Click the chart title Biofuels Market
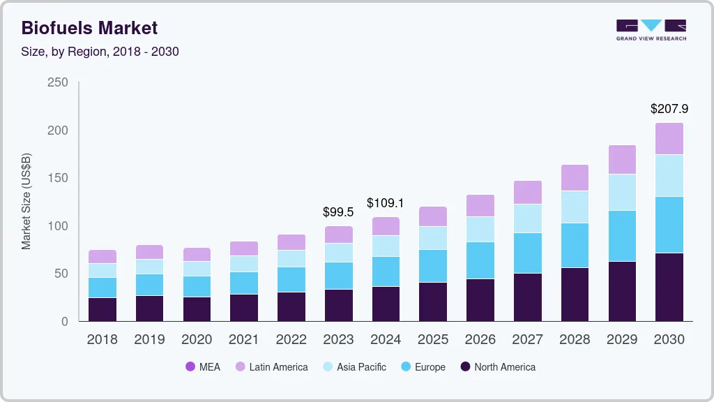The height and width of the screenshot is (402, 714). click(89, 28)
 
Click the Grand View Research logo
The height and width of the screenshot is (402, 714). click(651, 30)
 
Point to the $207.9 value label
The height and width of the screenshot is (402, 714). click(669, 109)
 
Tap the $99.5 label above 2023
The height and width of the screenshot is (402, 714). click(338, 212)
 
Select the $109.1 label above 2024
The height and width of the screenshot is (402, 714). click(386, 203)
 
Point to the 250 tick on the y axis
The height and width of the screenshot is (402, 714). click(58, 83)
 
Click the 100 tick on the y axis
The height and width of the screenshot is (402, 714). click(58, 226)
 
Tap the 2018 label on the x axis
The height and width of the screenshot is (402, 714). click(102, 340)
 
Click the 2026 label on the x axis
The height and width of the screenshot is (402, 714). click(480, 340)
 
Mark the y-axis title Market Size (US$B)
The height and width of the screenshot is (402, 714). click(26, 201)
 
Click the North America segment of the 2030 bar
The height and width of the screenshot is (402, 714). click(669, 287)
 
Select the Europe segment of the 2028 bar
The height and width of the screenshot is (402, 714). click(575, 246)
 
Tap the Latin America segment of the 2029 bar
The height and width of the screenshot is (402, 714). click(622, 160)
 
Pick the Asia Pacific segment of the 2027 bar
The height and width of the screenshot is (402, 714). click(528, 218)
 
